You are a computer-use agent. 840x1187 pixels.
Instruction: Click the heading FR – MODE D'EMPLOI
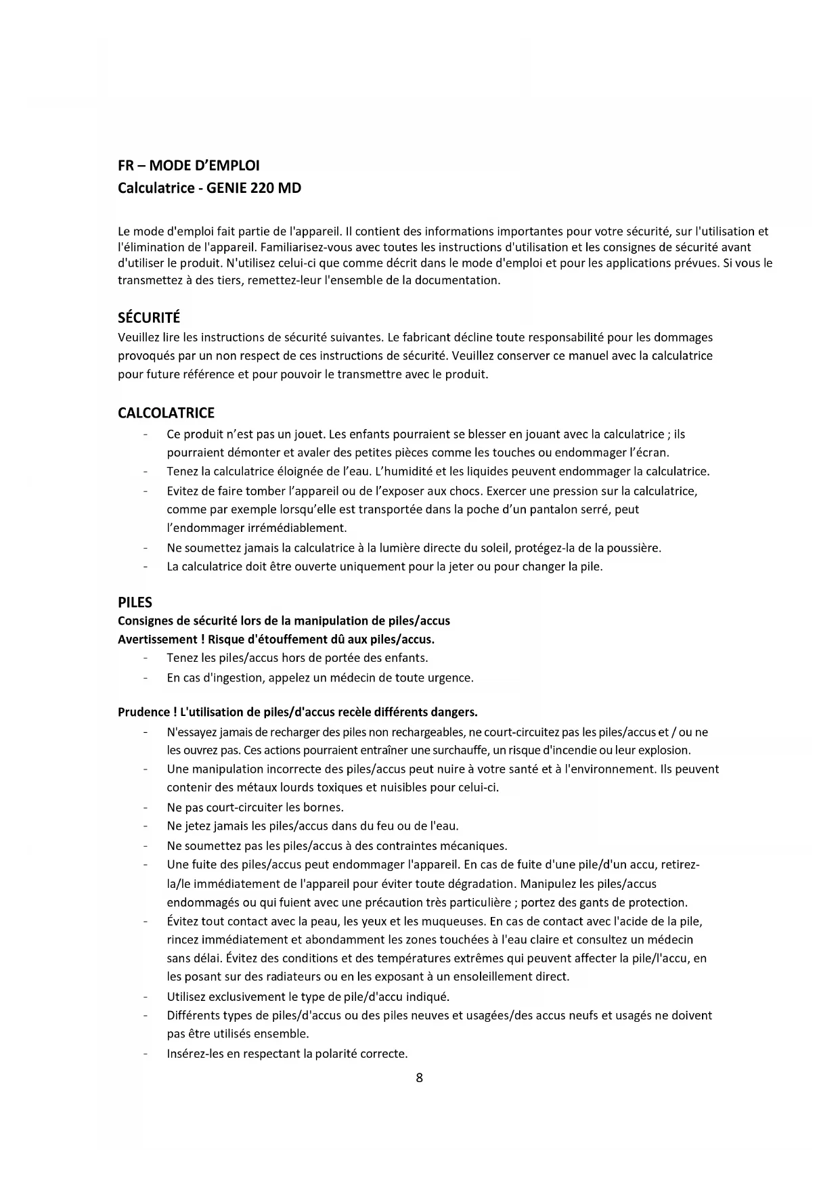point(188,166)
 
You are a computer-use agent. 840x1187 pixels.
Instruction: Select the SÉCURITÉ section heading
point(149,318)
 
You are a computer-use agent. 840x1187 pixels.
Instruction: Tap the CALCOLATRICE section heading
point(166,413)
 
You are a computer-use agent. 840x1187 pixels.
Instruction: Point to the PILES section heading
point(135,602)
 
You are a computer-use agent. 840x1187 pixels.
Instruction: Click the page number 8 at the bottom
point(420,1078)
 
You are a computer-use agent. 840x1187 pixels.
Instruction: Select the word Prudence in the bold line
point(143,712)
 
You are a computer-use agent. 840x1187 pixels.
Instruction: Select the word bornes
point(324,807)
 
